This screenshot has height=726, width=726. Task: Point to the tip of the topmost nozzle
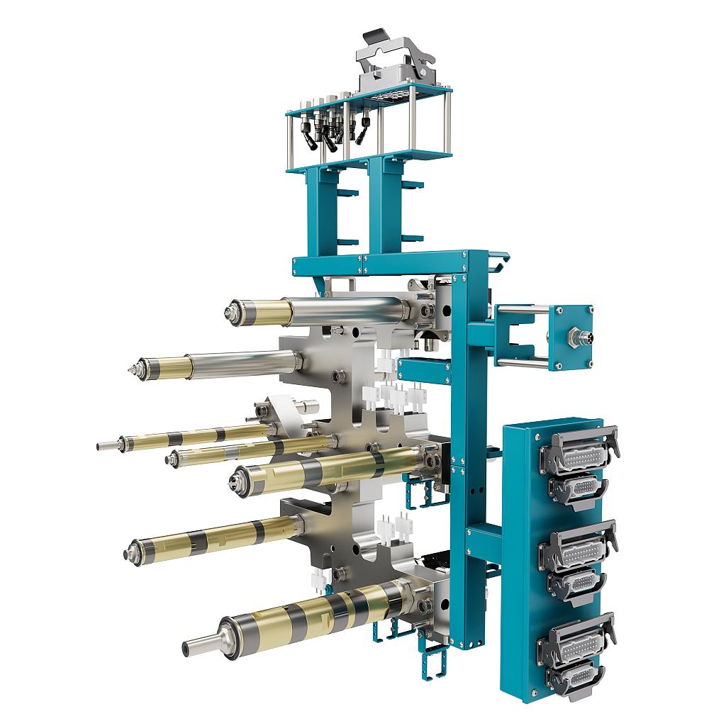(x=232, y=311)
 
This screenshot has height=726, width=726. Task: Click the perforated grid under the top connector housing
(x=386, y=97)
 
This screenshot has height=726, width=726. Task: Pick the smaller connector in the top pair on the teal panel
(x=579, y=487)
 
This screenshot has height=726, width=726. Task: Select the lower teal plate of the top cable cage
(x=369, y=160)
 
